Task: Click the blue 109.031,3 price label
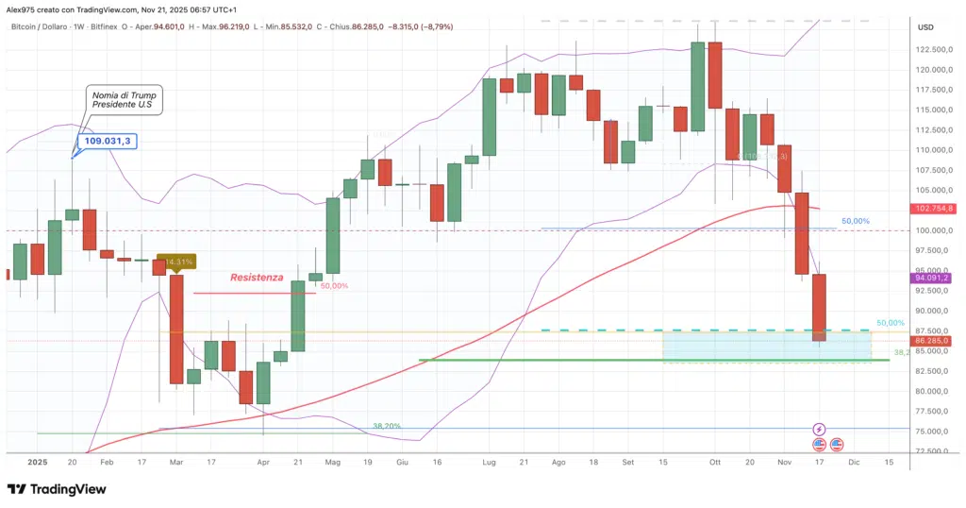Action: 108,142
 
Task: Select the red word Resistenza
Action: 257,278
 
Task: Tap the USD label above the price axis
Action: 925,26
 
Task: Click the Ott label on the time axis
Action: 715,463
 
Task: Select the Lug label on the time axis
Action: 489,463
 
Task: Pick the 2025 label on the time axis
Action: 37,463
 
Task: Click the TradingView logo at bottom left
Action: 57,489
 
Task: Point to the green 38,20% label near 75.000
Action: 388,426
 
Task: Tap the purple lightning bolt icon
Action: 819,429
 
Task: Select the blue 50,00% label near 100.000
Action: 856,221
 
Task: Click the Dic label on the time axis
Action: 854,463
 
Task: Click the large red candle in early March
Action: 176,328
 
